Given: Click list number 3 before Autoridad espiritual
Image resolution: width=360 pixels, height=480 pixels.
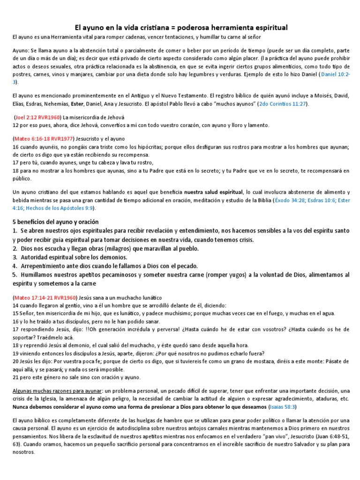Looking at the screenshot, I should (15, 257).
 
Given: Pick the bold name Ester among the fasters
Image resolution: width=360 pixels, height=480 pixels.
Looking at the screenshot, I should (78, 104).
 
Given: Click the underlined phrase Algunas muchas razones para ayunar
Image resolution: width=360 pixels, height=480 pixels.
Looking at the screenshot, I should (56, 391).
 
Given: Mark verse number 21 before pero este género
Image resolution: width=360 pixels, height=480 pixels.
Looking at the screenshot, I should (15, 377).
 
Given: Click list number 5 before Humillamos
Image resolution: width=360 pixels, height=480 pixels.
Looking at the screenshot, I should (15, 275).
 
